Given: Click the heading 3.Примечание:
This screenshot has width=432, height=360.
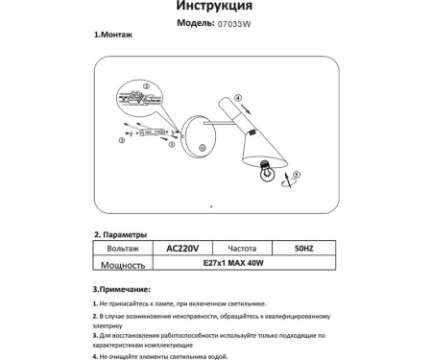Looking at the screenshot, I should (122, 288).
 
